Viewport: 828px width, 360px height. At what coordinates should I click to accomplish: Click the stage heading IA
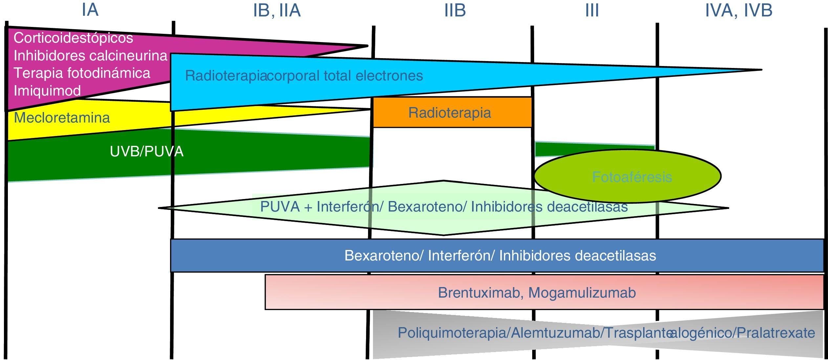click(x=90, y=10)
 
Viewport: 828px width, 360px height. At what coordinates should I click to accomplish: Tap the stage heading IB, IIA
click(x=277, y=11)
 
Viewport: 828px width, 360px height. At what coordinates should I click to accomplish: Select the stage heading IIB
click(x=455, y=11)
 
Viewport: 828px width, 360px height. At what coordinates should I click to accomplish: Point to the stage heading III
click(x=592, y=11)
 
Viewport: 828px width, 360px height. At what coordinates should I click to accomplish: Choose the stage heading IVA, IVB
click(x=739, y=11)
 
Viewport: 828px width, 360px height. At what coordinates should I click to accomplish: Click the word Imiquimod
click(x=47, y=91)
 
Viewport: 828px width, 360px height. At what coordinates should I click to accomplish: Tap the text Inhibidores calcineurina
click(x=91, y=56)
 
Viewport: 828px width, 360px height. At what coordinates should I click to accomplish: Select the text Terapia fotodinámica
click(x=82, y=73)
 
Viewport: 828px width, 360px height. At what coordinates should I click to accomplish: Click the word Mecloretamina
click(x=62, y=118)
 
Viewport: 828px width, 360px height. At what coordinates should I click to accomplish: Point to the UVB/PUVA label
click(x=146, y=151)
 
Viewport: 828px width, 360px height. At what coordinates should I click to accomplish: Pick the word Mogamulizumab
click(x=582, y=293)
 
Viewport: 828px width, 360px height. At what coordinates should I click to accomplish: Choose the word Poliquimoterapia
click(x=453, y=333)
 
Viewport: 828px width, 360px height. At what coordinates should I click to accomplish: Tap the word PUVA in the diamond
click(x=280, y=207)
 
